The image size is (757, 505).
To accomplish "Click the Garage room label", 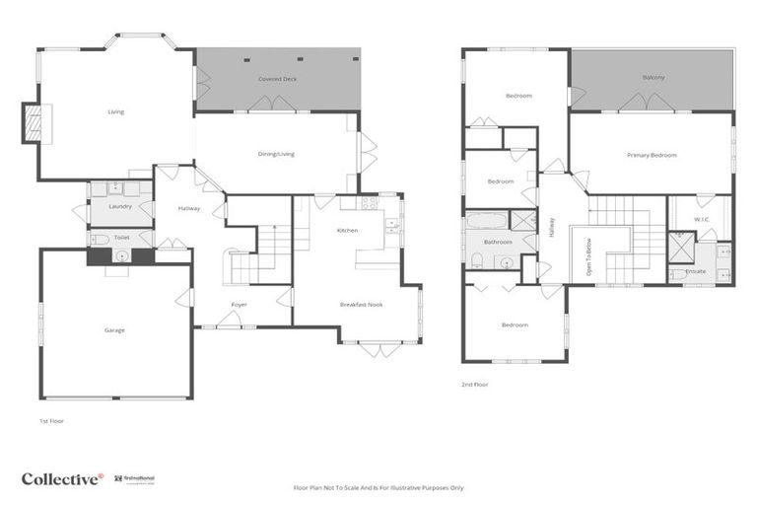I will coord(114,329).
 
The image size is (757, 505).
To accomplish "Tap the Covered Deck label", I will coord(277,78).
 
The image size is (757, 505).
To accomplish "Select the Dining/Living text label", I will coord(276,154).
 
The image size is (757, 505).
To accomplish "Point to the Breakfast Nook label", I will coord(361,304).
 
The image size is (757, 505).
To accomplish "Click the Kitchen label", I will coord(347,230).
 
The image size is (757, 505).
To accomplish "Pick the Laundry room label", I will coord(120,206).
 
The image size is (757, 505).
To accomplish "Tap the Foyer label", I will coord(239,304).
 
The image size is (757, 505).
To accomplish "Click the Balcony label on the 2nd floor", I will coord(653,77).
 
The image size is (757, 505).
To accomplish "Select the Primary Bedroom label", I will coord(652,155).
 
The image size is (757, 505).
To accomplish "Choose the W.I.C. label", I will coord(702,219).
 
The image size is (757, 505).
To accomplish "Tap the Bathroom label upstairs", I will coord(498,242).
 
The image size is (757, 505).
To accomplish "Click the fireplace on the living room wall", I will coord(33,123).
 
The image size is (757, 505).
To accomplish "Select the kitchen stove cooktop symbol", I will coord(370,202).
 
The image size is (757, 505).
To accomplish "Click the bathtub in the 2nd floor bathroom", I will coord(488,219).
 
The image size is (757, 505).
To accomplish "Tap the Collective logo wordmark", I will coord(61,478).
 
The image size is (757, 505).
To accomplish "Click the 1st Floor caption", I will coord(50,420).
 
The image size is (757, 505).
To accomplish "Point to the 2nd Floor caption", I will coord(474,384).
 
